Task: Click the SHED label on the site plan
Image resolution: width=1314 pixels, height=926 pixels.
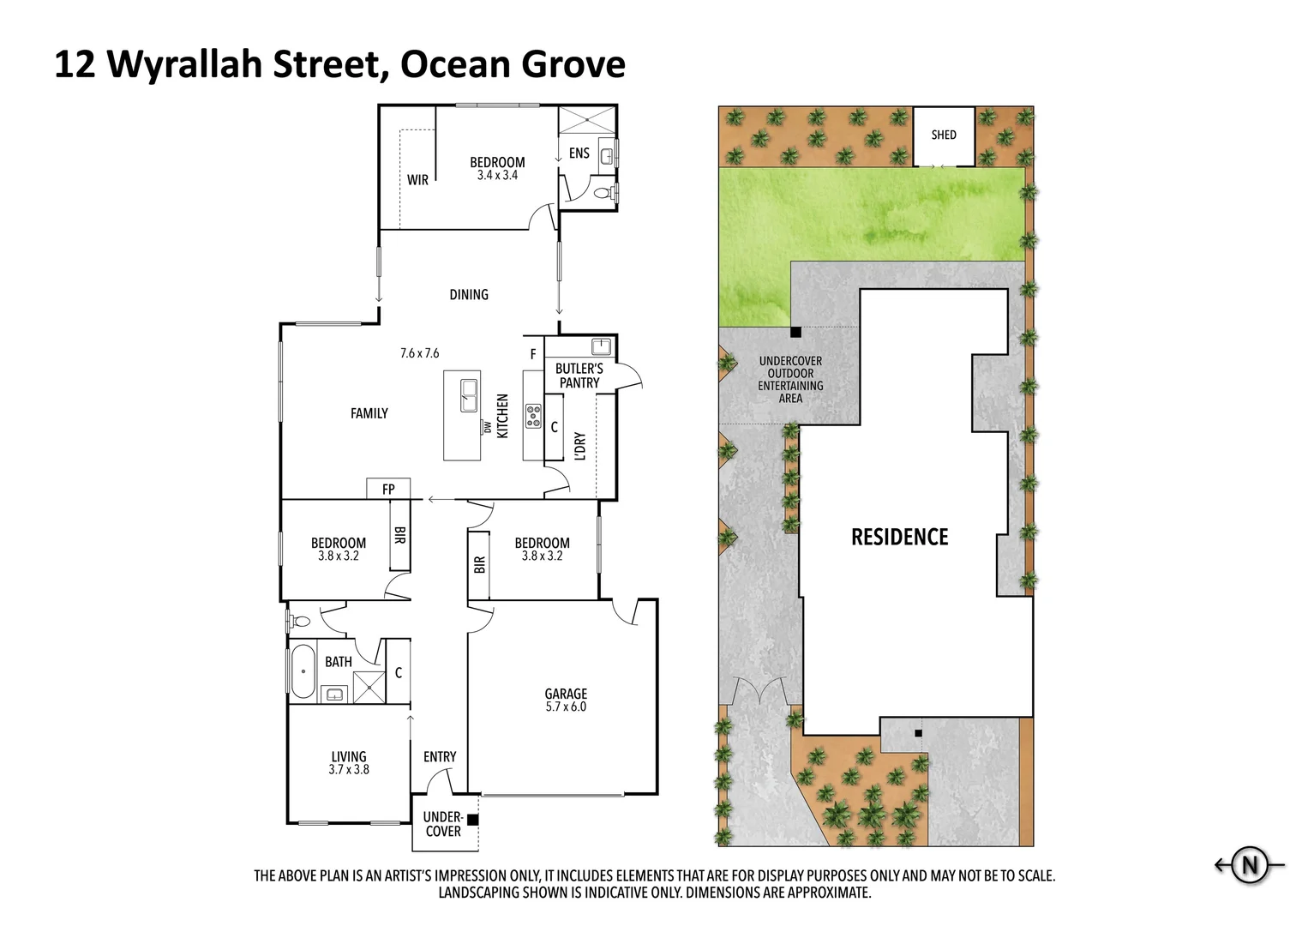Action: [x=943, y=135]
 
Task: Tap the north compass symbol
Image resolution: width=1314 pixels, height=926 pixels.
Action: [x=1251, y=865]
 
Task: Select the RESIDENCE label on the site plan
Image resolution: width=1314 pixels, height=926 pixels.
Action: [x=899, y=538]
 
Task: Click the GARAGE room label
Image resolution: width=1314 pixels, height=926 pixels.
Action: [x=566, y=694]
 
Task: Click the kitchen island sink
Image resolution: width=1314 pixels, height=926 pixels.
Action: [x=469, y=395]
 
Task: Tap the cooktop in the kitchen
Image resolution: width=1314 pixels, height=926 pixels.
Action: [x=533, y=416]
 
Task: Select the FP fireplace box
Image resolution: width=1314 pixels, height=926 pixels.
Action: [x=388, y=490]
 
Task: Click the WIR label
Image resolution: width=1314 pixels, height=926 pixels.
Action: [x=417, y=180]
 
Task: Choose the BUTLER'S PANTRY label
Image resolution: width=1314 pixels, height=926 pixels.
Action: [x=579, y=376]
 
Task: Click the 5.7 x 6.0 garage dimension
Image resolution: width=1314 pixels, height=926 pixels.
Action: [x=566, y=707]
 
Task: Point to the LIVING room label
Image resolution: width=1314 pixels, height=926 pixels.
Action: [x=348, y=756]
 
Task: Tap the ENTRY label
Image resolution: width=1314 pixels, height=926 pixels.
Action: [x=440, y=756]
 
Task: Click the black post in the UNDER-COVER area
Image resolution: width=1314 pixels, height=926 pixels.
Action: [x=472, y=819]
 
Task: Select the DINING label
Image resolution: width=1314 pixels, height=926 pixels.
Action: [x=469, y=295]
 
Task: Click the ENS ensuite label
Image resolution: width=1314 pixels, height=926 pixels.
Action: [x=579, y=153]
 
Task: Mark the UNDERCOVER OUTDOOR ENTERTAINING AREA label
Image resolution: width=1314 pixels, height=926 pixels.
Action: [x=790, y=380]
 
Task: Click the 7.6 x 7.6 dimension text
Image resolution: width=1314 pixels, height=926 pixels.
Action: [x=419, y=353]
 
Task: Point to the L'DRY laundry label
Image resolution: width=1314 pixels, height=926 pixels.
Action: [x=580, y=445]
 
